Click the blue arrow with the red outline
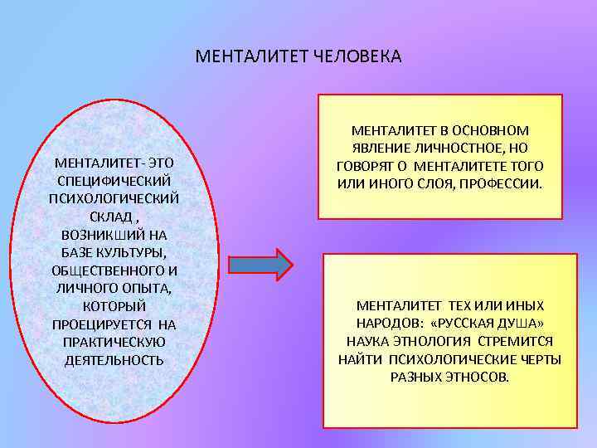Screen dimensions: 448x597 pyautogui.click(x=260, y=265)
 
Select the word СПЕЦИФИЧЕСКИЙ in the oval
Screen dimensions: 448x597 pyautogui.click(x=114, y=181)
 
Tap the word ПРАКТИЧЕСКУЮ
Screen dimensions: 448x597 pyautogui.click(x=114, y=343)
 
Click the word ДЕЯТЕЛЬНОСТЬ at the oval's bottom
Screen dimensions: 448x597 pyautogui.click(x=114, y=360)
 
